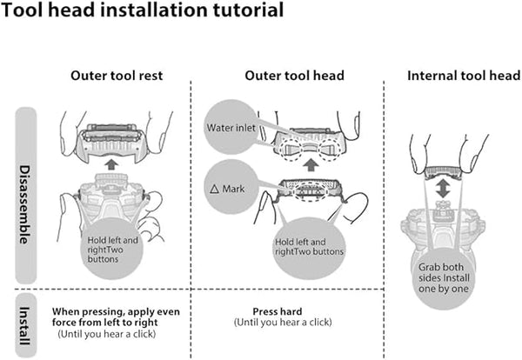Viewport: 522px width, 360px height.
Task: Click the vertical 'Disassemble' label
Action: click(x=25, y=198)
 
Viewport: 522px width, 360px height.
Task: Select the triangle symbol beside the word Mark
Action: click(x=214, y=188)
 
